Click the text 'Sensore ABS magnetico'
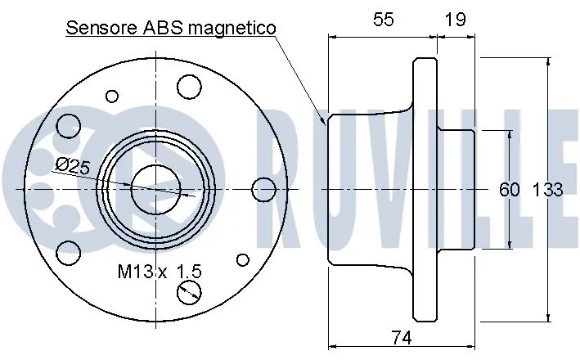click(x=171, y=27)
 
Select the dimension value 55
click(x=382, y=20)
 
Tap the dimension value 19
click(x=456, y=20)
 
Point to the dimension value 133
click(x=548, y=190)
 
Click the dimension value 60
click(x=509, y=190)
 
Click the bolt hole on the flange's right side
click(x=263, y=190)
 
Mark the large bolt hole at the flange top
click(x=190, y=86)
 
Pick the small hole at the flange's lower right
click(x=241, y=259)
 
